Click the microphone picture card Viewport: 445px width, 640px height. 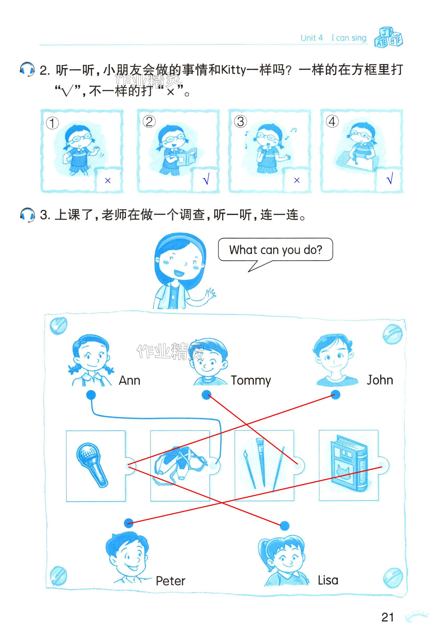pyautogui.click(x=96, y=466)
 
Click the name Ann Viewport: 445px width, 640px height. pyautogui.click(x=129, y=380)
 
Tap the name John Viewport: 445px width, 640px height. pyautogui.click(x=380, y=380)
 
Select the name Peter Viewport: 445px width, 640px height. pyautogui.click(x=170, y=581)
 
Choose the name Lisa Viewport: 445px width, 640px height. pyautogui.click(x=328, y=580)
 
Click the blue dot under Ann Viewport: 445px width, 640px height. pyautogui.click(x=91, y=395)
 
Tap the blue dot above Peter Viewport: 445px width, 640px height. pyautogui.click(x=128, y=523)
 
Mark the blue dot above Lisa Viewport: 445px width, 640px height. pyautogui.click(x=284, y=526)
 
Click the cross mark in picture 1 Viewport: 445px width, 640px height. pyautogui.click(x=108, y=180)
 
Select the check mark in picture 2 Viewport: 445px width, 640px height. pyautogui.click(x=206, y=179)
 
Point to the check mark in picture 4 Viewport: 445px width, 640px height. pyautogui.click(x=390, y=178)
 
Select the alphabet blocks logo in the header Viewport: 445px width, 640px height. pyautogui.click(x=388, y=37)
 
